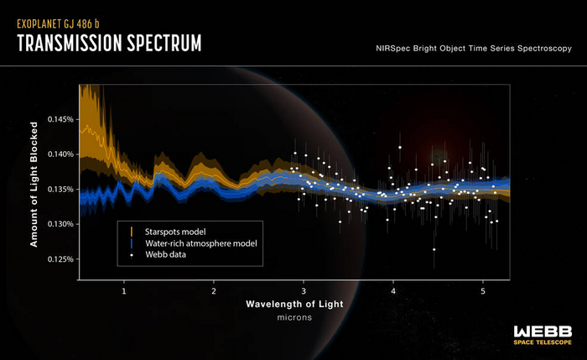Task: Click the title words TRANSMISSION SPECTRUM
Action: [109, 41]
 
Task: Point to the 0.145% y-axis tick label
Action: [60, 119]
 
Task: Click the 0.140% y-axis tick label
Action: [60, 154]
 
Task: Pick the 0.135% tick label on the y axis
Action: [60, 189]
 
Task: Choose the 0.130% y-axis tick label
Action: [60, 224]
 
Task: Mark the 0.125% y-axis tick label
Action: [60, 258]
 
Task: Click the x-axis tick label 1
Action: [124, 291]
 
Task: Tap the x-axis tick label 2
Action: [214, 291]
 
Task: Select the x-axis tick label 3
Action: [304, 291]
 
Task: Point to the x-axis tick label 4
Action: [393, 291]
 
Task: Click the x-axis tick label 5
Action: [483, 291]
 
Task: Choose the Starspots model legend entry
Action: [174, 230]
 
